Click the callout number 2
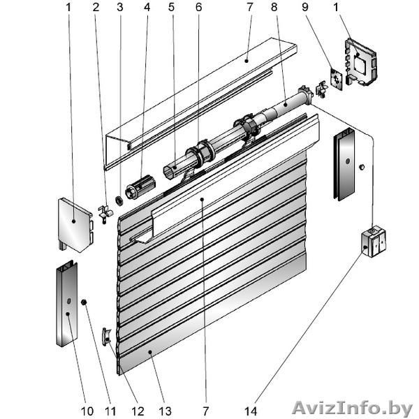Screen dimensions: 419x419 96,7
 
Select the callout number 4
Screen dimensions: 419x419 147,7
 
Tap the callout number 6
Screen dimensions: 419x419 198,7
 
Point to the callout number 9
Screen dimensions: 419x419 305,7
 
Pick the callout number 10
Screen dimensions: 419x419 87,411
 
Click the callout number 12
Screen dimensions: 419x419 138,411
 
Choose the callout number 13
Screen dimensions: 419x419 165,411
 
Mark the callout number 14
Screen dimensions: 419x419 251,411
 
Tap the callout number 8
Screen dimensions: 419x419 274,7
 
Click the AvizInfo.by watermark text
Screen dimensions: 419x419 352,409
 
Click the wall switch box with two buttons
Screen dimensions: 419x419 374,242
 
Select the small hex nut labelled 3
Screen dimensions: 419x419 119,200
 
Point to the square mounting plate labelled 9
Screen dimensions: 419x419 337,80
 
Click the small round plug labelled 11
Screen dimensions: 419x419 84,302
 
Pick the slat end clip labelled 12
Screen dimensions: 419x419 106,337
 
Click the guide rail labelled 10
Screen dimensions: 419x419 67,303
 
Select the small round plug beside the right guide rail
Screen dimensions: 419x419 362,167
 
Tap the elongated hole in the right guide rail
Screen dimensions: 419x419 347,161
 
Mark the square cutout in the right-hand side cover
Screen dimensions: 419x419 360,63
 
